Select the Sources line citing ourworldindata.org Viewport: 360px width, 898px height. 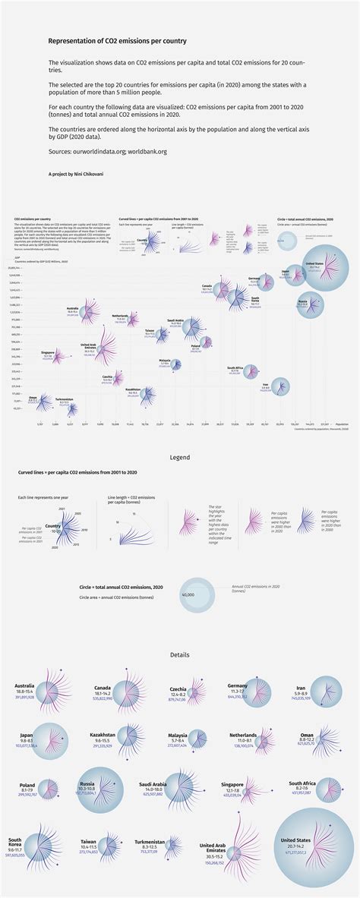[107, 152]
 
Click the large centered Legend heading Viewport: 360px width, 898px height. [179, 458]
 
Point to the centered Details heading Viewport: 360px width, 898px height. [179, 654]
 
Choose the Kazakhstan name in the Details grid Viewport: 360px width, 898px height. [103, 735]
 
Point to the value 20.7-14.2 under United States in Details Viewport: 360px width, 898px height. [296, 846]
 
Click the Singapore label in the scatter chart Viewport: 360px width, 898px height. [48, 352]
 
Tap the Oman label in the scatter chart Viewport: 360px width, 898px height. [32, 397]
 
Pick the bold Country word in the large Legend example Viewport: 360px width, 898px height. [53, 525]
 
